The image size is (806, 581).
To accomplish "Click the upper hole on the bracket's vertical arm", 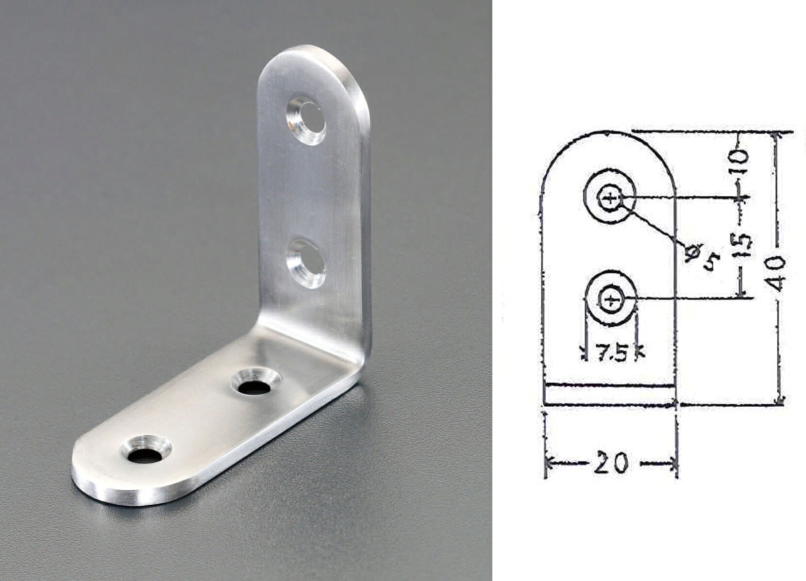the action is pyautogui.click(x=306, y=120).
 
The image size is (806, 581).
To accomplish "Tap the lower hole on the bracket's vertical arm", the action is pyautogui.click(x=306, y=263).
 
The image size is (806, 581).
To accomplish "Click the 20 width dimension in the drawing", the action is pyautogui.click(x=611, y=463).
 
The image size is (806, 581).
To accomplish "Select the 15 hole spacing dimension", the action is pyautogui.click(x=742, y=247).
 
